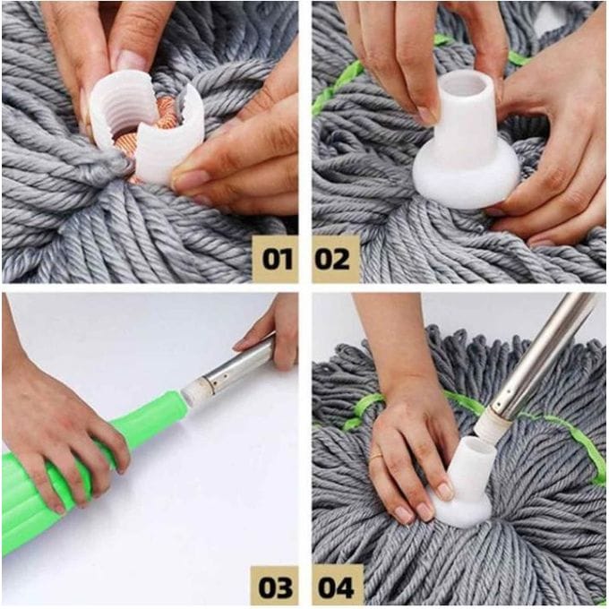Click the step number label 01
275,259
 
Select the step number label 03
275,587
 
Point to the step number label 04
336,587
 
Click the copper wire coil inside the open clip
163,116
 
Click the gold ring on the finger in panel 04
376,457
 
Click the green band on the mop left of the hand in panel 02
339,83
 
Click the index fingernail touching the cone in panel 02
428,116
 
